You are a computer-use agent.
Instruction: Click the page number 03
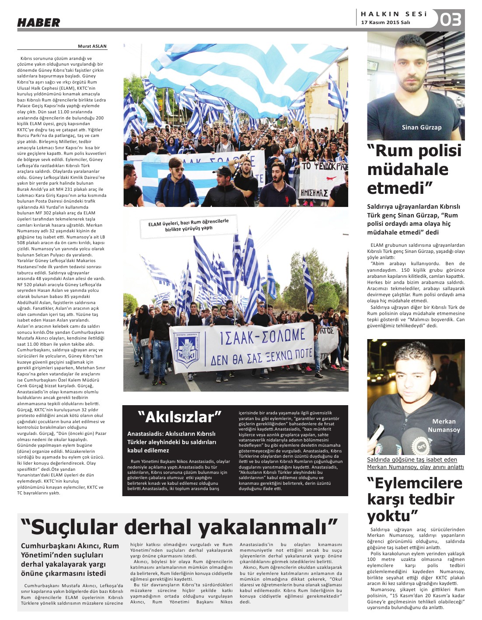(x=451, y=20)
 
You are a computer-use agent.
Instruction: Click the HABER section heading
(x=38, y=23)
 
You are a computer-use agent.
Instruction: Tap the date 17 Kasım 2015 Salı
(x=385, y=23)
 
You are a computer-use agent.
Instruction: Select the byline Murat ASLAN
(x=92, y=46)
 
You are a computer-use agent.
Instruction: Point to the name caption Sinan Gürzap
(x=422, y=127)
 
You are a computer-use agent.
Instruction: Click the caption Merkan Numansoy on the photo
(x=444, y=425)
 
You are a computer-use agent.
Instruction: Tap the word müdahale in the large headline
(x=408, y=169)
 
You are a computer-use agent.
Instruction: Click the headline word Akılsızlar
(x=180, y=417)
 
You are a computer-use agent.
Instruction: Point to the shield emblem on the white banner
(x=187, y=350)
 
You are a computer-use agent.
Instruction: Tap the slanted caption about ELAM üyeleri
(x=189, y=225)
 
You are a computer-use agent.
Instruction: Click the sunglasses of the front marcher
(x=177, y=170)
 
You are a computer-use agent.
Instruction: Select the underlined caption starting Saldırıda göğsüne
(x=415, y=463)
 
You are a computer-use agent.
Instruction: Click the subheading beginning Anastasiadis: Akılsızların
(x=172, y=442)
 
